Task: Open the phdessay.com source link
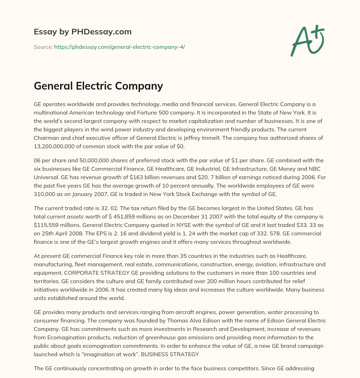coord(119,47)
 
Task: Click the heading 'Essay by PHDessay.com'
coord(83,32)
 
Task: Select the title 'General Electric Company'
coord(98,86)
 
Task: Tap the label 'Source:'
coord(43,47)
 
